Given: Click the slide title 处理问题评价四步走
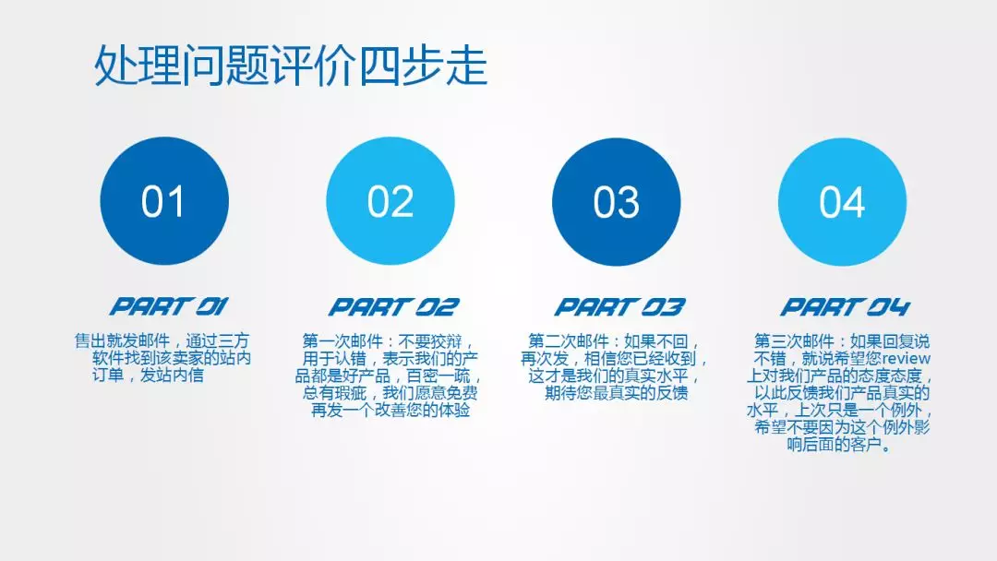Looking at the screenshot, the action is coord(291,66).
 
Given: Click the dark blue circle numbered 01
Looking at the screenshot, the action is coord(164,201).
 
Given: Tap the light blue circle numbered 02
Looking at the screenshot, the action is coord(390,201).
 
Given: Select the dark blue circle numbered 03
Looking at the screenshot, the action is coord(616,201).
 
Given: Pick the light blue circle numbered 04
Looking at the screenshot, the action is coord(843,201).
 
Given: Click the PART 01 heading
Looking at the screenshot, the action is coord(169,307).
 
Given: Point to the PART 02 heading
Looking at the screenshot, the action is coord(393,307).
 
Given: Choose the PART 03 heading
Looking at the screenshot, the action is coord(620,307).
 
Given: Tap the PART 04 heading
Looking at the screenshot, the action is coord(846,307).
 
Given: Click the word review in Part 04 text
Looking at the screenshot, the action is coord(907,358).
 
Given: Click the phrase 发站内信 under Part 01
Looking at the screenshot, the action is coord(172,376).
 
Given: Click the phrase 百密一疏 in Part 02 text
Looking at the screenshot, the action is coord(438,376).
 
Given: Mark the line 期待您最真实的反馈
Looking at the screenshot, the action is coord(616,393).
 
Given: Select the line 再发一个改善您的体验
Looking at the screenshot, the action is coord(390,411).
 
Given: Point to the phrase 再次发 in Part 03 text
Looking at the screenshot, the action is coord(545,359).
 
